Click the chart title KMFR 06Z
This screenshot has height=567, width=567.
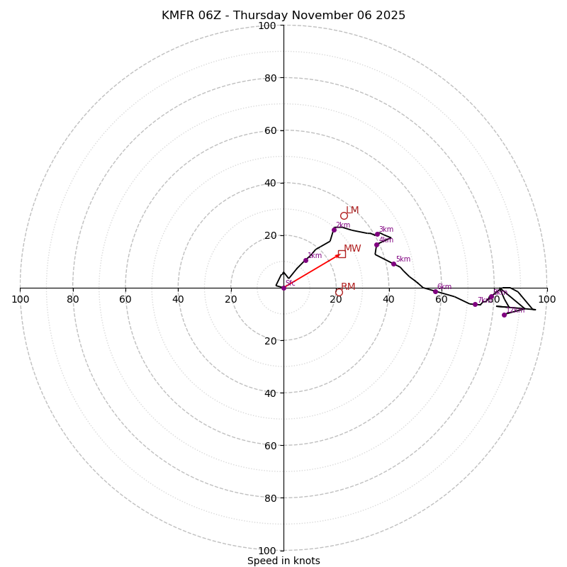pyautogui.click(x=283, y=16)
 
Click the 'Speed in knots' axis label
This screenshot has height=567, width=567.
pyautogui.click(x=283, y=561)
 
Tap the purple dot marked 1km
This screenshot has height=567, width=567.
pyautogui.click(x=305, y=260)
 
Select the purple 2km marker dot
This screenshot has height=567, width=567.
pyautogui.click(x=334, y=230)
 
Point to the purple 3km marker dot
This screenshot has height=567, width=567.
pyautogui.click(x=377, y=234)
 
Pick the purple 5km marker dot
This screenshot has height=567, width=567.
pyautogui.click(x=393, y=264)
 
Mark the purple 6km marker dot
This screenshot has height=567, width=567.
pyautogui.click(x=435, y=291)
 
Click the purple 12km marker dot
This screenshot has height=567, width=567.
pyautogui.click(x=504, y=315)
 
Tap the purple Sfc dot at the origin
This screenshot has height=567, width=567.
pyautogui.click(x=283, y=288)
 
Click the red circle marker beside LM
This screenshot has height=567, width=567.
pyautogui.click(x=344, y=216)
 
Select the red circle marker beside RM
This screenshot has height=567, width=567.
pyautogui.click(x=339, y=292)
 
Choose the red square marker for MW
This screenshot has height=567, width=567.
pyautogui.click(x=342, y=254)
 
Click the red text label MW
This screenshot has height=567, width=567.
pyautogui.click(x=352, y=249)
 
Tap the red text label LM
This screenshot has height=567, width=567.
pyautogui.click(x=352, y=210)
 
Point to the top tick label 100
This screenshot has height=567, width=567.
pyautogui.click(x=267, y=26)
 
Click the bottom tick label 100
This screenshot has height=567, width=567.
pyautogui.click(x=267, y=551)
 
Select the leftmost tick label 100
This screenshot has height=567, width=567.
pyautogui.click(x=20, y=299)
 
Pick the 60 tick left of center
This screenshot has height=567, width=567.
pyautogui.click(x=125, y=299)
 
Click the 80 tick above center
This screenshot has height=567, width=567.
pyautogui.click(x=270, y=78)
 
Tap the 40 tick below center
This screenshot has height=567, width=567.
pyautogui.click(x=270, y=393)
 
